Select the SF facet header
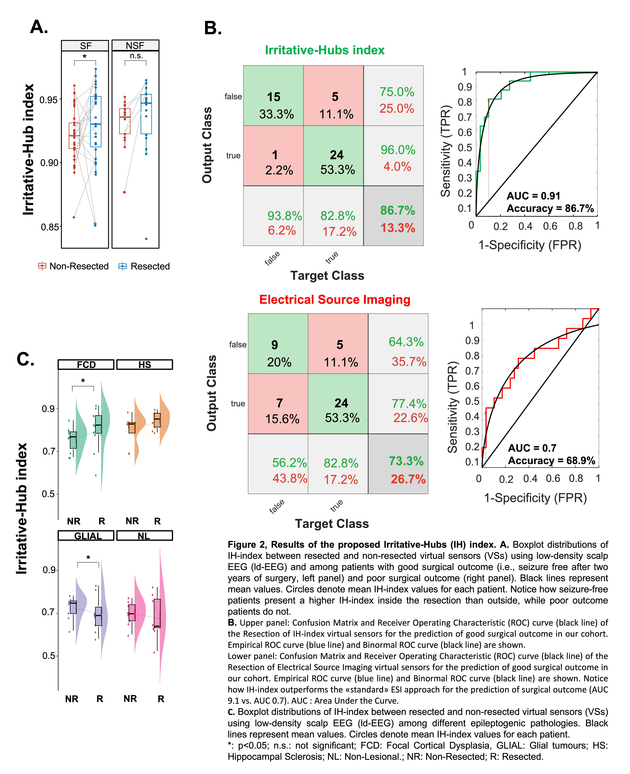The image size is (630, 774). pyautogui.click(x=85, y=46)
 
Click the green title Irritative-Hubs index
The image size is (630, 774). pyautogui.click(x=324, y=50)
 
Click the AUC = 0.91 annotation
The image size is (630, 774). pyautogui.click(x=533, y=196)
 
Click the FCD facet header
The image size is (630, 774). pyautogui.click(x=86, y=365)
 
